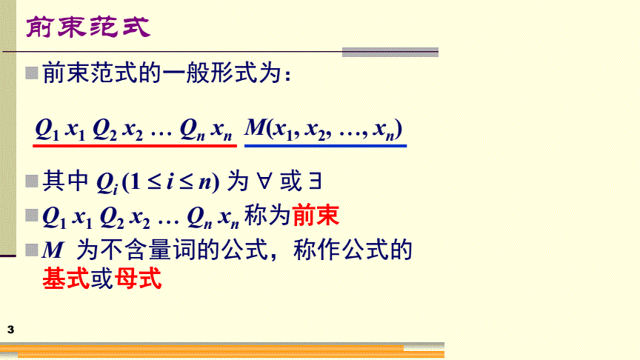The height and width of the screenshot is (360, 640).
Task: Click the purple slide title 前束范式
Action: (88, 27)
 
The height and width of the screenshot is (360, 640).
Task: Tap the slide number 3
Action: (10, 330)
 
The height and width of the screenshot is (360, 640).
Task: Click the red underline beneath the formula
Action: (135, 145)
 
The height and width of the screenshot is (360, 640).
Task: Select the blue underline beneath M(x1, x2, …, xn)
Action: (325, 145)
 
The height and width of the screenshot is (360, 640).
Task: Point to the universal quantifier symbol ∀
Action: (264, 181)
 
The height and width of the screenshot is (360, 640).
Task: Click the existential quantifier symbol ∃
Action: (315, 181)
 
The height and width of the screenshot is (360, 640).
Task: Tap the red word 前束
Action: (316, 215)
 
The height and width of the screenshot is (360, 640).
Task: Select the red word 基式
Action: (66, 279)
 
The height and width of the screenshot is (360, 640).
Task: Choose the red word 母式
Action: (139, 279)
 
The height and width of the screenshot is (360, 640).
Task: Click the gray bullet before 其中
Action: (31, 181)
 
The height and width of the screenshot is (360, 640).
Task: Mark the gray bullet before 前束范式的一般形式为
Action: (31, 73)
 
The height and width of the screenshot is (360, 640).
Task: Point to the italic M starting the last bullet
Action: (53, 250)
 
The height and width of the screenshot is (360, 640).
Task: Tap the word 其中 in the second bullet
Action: (66, 181)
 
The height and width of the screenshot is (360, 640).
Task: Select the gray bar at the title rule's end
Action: (390, 53)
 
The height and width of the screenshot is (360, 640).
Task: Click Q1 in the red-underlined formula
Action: (47, 130)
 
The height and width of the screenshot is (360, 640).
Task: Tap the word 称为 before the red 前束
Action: (267, 215)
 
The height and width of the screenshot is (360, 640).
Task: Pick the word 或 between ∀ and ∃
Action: (290, 181)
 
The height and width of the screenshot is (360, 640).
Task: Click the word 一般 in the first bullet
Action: (187, 73)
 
